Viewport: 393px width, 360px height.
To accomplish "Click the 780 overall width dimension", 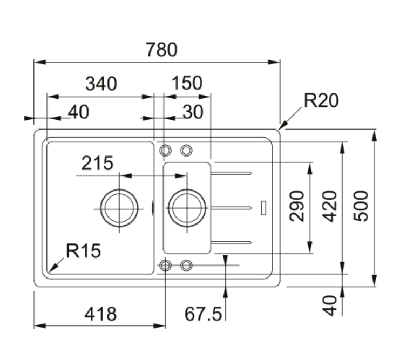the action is click(161, 49).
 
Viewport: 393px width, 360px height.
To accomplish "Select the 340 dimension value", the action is click(101, 84).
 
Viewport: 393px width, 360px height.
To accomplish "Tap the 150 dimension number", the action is click(187, 83).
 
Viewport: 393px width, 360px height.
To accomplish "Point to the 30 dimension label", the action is click(193, 112).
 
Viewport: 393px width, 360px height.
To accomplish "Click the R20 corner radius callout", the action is click(321, 100).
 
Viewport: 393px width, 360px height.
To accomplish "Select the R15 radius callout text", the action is click(84, 250).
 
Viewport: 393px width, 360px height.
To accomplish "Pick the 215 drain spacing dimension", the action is click(97, 163).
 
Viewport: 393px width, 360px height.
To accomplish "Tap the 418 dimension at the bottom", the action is click(100, 314).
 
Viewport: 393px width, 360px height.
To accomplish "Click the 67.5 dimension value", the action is click(203, 314).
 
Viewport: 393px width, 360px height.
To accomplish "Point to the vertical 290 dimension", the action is click(297, 206).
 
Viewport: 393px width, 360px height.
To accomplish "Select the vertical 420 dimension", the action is click(329, 206).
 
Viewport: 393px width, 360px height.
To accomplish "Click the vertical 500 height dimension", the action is click(361, 206).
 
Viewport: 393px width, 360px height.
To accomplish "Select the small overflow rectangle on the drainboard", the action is click(263, 208).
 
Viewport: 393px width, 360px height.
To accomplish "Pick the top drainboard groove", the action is click(231, 173).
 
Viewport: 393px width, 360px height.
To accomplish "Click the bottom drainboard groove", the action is click(231, 242).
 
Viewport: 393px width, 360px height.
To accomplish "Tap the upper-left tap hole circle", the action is click(165, 145).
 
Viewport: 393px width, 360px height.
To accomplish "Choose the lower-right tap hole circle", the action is click(186, 259).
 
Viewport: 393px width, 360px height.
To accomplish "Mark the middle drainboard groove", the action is click(231, 208).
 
